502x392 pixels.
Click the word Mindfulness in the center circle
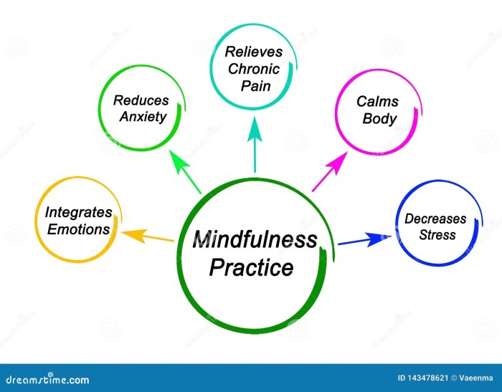tap(254, 239)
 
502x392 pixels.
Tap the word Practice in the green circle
tap(251, 267)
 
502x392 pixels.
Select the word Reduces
tap(141, 101)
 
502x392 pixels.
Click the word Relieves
tap(254, 52)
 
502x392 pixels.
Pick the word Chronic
tap(254, 68)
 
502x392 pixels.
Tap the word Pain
tap(254, 85)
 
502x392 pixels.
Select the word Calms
tap(377, 102)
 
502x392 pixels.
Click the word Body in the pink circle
tap(379, 118)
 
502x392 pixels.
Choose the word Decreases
tap(435, 219)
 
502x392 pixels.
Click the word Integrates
tap(78, 213)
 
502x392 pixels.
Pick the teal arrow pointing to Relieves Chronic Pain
tap(254, 147)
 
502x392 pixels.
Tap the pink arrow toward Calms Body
tap(328, 173)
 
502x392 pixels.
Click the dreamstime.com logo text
tap(45, 379)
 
